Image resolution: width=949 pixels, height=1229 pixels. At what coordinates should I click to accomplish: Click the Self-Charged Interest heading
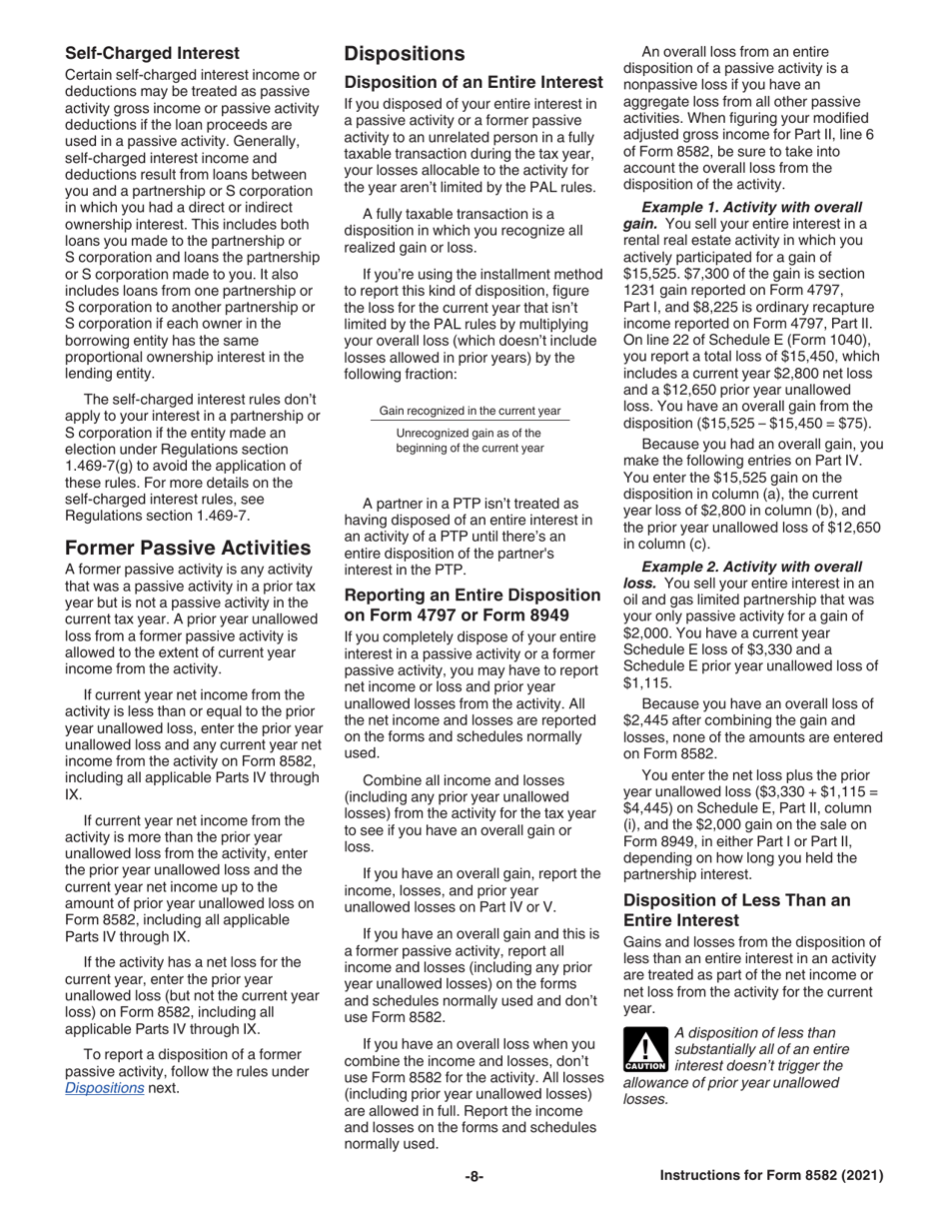tap(152, 53)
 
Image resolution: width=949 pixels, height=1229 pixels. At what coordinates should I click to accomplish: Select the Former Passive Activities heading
tap(187, 548)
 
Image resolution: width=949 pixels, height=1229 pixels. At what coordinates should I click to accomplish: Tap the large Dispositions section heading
tap(405, 54)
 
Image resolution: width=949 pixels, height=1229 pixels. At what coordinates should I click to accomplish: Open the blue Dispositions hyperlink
tap(104, 1087)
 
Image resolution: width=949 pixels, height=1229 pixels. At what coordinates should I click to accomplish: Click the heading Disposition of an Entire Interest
tap(473, 82)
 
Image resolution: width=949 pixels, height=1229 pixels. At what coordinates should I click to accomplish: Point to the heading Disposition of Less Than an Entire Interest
tap(736, 909)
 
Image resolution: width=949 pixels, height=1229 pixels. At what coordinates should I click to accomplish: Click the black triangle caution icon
tap(645, 1049)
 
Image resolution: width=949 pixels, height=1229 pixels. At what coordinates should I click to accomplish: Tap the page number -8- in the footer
tap(474, 1176)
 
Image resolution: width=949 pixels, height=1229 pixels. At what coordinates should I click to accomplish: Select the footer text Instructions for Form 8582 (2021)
tap(771, 1176)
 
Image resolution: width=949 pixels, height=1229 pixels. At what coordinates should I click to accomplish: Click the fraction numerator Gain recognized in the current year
tap(470, 411)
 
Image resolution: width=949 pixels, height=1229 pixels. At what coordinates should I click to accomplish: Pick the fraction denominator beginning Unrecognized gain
tap(470, 441)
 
